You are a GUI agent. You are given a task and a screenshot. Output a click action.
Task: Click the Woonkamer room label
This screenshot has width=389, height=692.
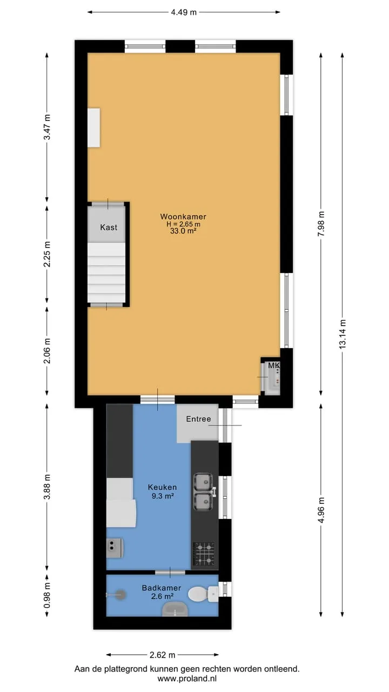[x=183, y=217]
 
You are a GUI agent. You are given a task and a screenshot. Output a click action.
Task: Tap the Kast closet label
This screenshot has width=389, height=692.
[x=109, y=228]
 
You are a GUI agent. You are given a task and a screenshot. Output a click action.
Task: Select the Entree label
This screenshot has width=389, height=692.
[x=198, y=419]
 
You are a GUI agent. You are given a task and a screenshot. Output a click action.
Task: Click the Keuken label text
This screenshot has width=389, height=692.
[x=163, y=487]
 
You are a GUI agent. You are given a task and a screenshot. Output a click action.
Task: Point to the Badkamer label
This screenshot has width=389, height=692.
[x=162, y=588]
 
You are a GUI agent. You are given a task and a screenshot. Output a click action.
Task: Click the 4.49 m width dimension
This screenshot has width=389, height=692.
[x=184, y=12]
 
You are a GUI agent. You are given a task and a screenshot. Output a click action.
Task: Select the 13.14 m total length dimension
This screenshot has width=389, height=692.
[x=343, y=334]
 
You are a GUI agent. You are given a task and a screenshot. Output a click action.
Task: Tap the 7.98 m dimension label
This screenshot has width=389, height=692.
[x=321, y=224]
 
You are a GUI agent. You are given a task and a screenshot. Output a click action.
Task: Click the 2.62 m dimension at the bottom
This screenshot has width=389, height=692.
[x=163, y=655]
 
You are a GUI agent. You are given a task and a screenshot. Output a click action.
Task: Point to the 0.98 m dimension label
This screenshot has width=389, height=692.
[x=47, y=596]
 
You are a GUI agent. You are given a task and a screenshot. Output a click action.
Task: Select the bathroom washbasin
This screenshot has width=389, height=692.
[x=175, y=609]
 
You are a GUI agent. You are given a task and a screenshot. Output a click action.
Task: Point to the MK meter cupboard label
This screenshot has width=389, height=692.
[x=274, y=365]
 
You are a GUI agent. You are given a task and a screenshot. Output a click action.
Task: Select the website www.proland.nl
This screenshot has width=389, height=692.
[x=187, y=678]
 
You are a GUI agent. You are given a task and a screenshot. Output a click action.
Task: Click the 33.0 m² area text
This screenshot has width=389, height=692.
[x=183, y=231]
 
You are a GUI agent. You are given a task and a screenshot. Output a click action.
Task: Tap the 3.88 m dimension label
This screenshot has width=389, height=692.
[x=47, y=487]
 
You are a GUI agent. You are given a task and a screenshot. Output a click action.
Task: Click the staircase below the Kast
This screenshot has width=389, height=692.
[x=106, y=272]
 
